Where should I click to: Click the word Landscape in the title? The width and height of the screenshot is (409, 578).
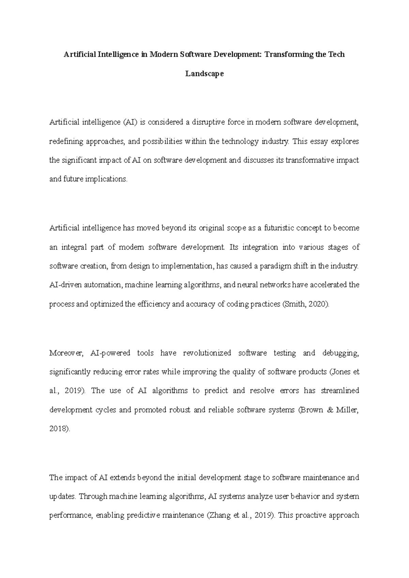(204, 74)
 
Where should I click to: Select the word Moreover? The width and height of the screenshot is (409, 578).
(66, 353)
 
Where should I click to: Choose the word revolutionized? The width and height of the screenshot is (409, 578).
(207, 353)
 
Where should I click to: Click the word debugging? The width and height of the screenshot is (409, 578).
(340, 353)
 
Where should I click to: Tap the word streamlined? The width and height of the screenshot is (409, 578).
(340, 391)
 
